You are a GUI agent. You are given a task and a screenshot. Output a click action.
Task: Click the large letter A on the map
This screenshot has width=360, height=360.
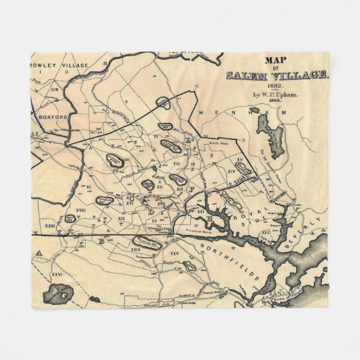[x=39, y=253]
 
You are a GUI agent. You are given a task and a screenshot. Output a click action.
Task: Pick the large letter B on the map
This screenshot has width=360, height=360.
[x=101, y=241]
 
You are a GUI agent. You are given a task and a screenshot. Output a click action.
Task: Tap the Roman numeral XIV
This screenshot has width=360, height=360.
[x=236, y=173]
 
